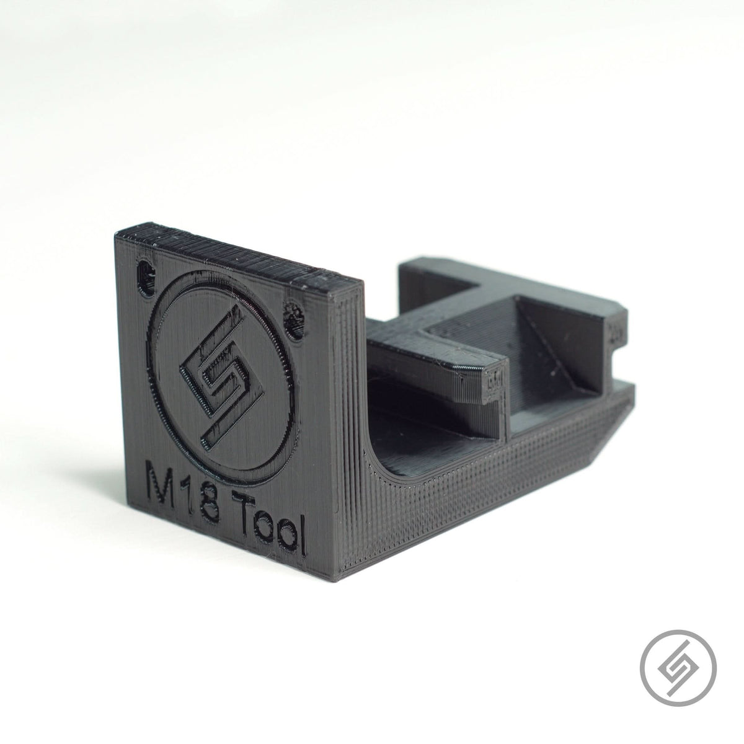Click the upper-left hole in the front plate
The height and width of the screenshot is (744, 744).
[146, 273]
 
